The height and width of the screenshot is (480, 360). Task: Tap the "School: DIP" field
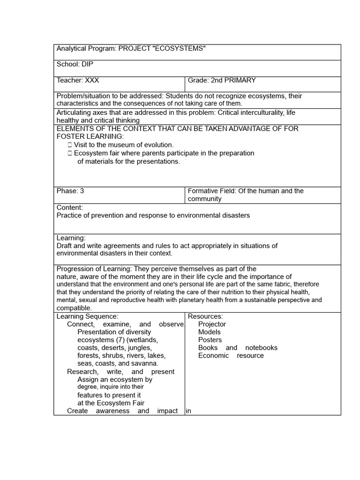72,65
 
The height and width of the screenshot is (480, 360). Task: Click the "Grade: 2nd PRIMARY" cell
222,81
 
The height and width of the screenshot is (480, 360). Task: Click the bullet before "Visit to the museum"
69,145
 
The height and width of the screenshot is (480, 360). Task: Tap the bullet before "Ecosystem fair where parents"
69,153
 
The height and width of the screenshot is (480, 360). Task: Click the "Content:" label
70,207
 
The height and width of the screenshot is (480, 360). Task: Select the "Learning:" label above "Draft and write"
71,238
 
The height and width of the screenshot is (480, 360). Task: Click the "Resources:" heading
205,316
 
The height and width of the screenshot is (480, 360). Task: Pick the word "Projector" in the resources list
212,324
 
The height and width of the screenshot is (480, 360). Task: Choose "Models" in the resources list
209,332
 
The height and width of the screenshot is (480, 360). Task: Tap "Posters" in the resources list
210,340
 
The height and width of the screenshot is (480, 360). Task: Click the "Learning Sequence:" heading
88,316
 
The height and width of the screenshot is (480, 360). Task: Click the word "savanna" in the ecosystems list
144,363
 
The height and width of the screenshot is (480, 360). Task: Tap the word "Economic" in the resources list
213,355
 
